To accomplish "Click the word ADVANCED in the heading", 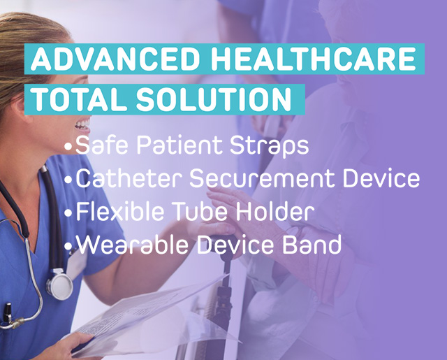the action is [x=115, y=59].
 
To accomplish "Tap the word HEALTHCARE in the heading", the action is [x=314, y=59].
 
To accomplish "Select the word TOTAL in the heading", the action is [x=80, y=99].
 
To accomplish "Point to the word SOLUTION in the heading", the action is [x=214, y=99].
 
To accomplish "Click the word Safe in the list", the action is [x=101, y=145].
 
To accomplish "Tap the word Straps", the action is [x=270, y=146].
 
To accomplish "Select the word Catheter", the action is [x=129, y=178].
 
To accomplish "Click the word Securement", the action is [x=262, y=178].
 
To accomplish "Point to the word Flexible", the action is [x=120, y=211].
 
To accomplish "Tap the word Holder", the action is [x=274, y=211].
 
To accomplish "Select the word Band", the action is [x=312, y=245].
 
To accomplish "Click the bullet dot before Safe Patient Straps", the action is [x=68, y=147].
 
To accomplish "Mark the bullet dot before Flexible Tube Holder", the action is [x=68, y=213].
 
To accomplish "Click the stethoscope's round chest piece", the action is [x=60, y=285].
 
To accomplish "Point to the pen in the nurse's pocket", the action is [x=7, y=313].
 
